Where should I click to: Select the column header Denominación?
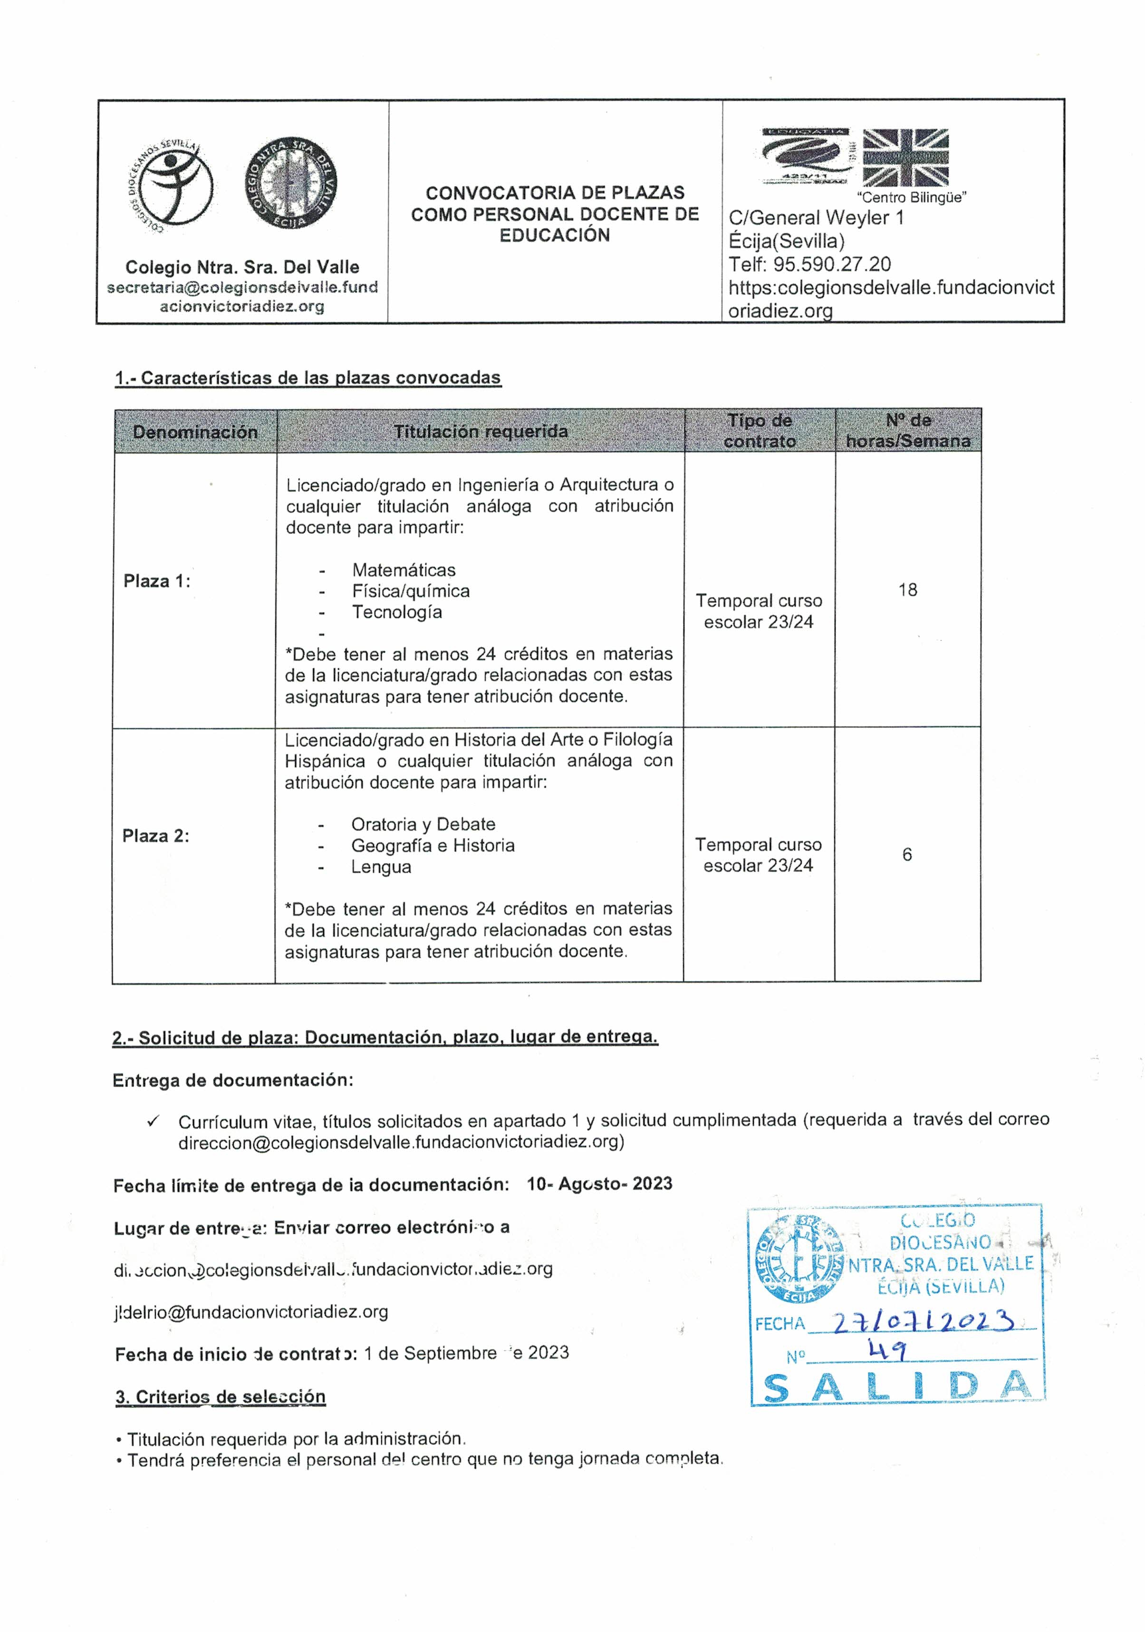(x=195, y=431)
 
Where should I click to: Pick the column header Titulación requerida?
(x=480, y=431)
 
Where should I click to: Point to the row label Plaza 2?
(x=156, y=836)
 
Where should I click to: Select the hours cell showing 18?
(x=907, y=590)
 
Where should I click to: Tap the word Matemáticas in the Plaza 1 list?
(x=403, y=570)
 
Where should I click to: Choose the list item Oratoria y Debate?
(x=423, y=824)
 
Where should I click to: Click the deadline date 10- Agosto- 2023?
(x=599, y=1183)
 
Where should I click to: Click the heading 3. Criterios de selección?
(x=221, y=1397)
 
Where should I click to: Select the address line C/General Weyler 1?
(x=816, y=218)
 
